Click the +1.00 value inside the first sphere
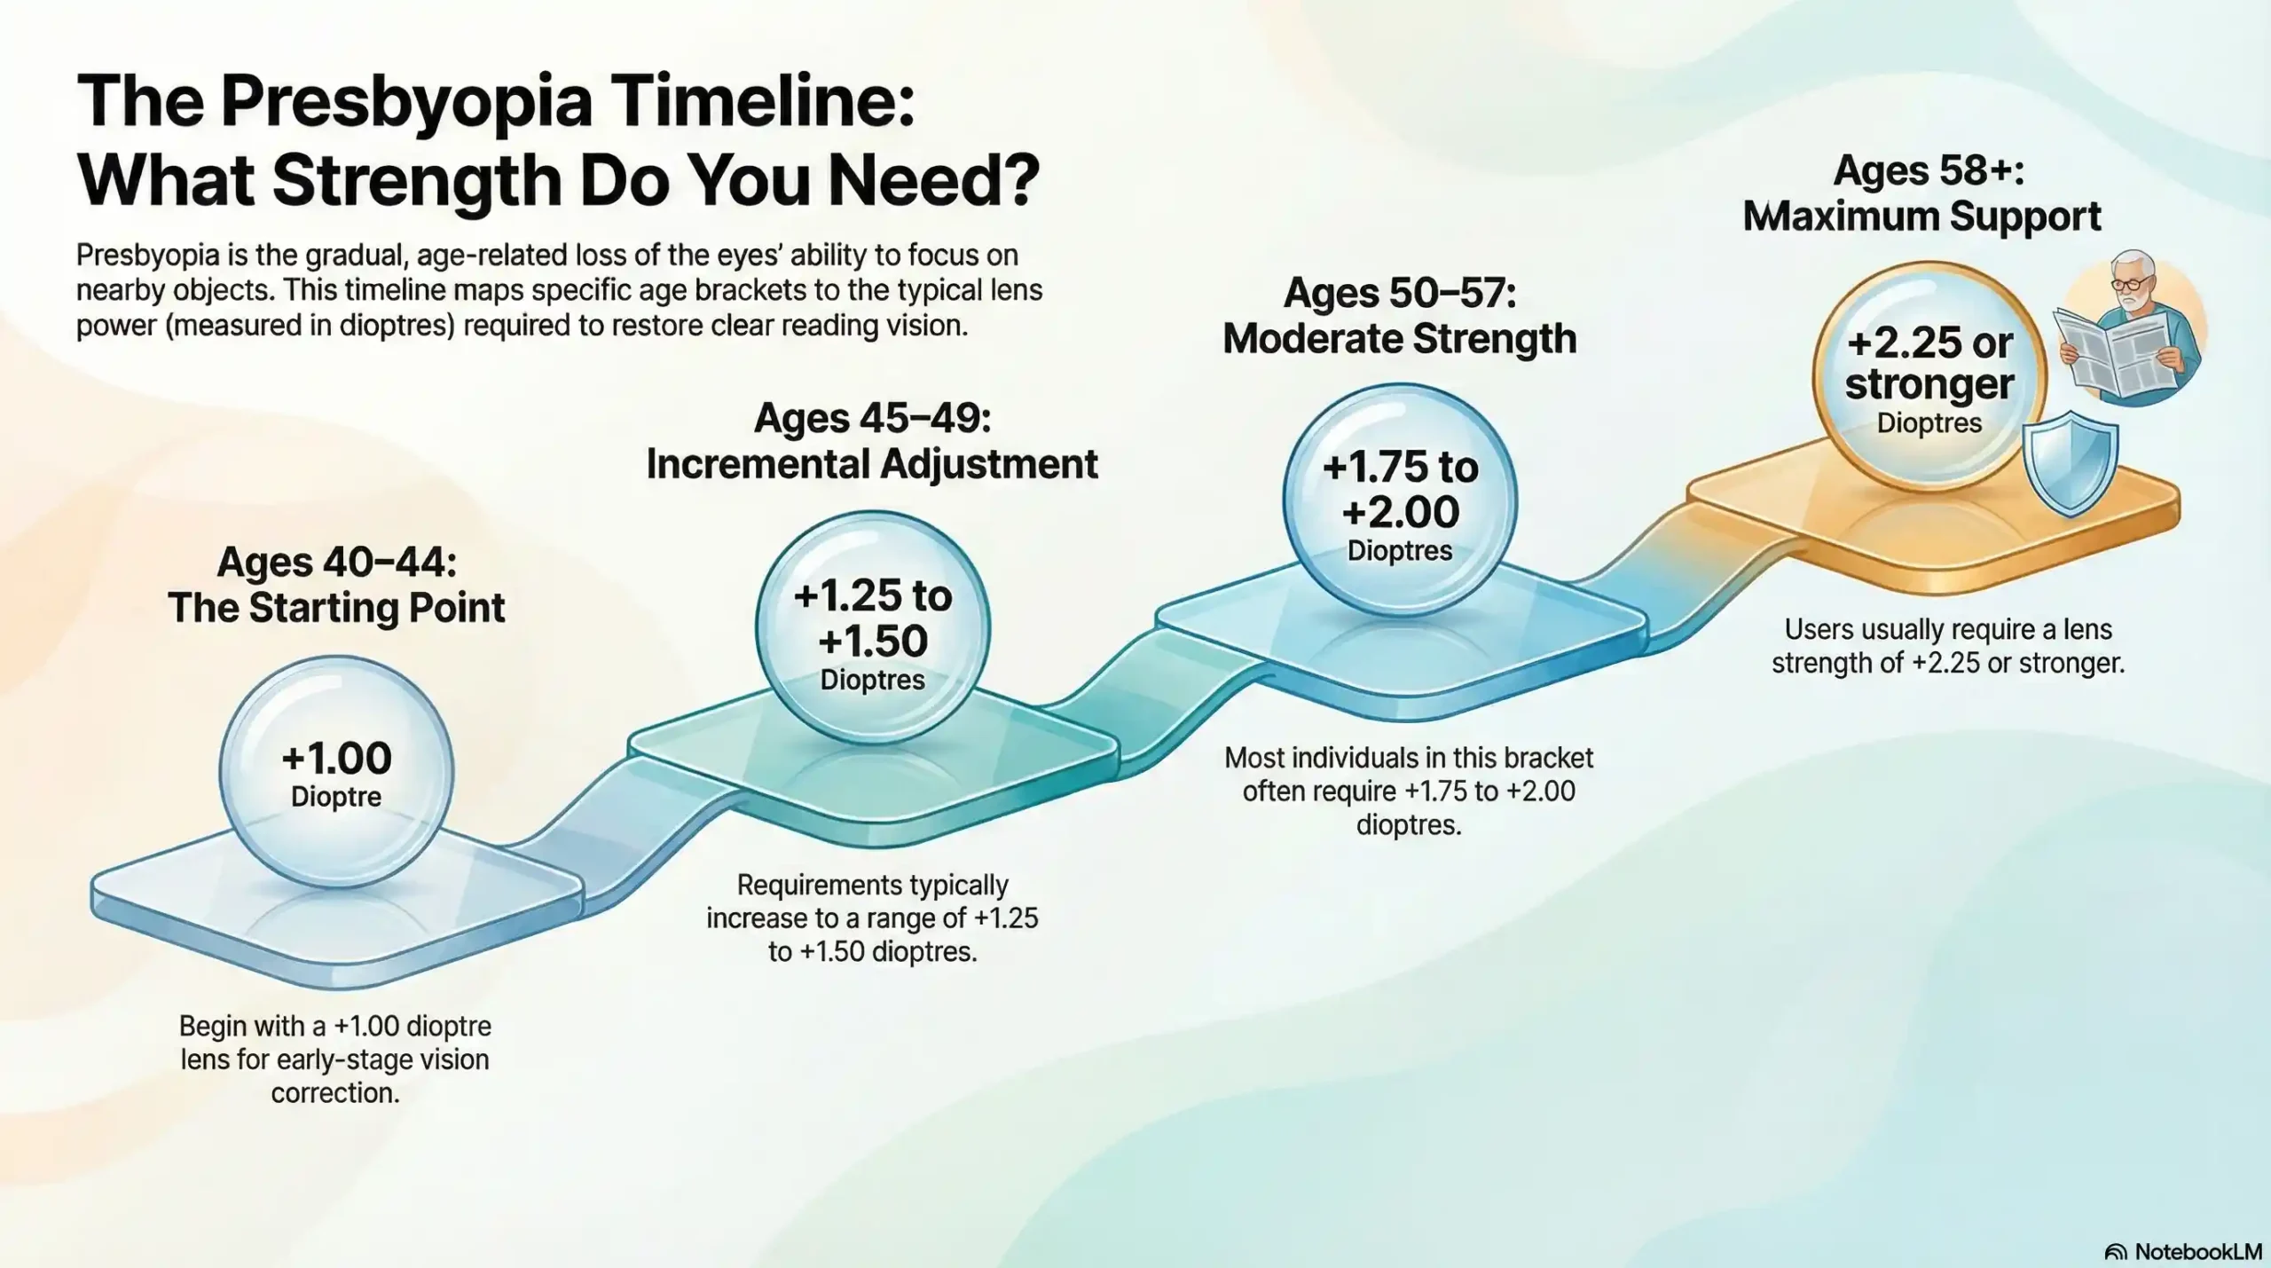336,759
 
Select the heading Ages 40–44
336,563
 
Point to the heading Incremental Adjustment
872,464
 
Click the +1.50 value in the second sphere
873,641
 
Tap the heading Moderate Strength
1400,339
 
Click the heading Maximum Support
1921,217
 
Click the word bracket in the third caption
1544,758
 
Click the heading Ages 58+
1929,170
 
